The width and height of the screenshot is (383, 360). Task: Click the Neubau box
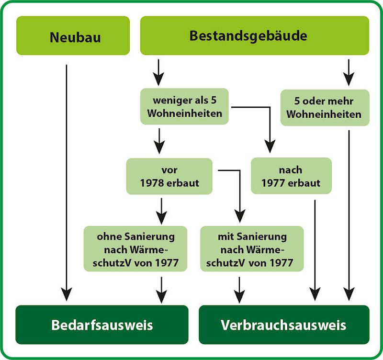pyautogui.click(x=73, y=36)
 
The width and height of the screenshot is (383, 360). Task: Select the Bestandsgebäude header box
pyautogui.click(x=254, y=36)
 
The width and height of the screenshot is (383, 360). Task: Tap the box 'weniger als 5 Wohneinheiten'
pyautogui.click(x=184, y=107)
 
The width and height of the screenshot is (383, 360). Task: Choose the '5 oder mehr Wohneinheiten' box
pyautogui.click(x=325, y=107)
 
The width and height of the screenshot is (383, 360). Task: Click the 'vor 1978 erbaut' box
pyautogui.click(x=169, y=176)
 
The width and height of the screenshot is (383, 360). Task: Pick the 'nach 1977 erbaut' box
pyautogui.click(x=291, y=176)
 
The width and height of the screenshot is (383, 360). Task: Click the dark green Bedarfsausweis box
pyautogui.click(x=102, y=325)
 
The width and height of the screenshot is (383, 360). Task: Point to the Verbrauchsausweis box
pyautogui.click(x=283, y=325)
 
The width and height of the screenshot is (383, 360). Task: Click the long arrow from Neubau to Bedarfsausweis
pyautogui.click(x=67, y=182)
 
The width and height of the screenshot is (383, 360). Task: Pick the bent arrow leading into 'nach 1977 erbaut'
pyautogui.click(x=270, y=124)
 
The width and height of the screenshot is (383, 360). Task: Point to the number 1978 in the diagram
pyautogui.click(x=151, y=183)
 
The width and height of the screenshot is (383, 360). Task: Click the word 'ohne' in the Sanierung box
pyautogui.click(x=108, y=237)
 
